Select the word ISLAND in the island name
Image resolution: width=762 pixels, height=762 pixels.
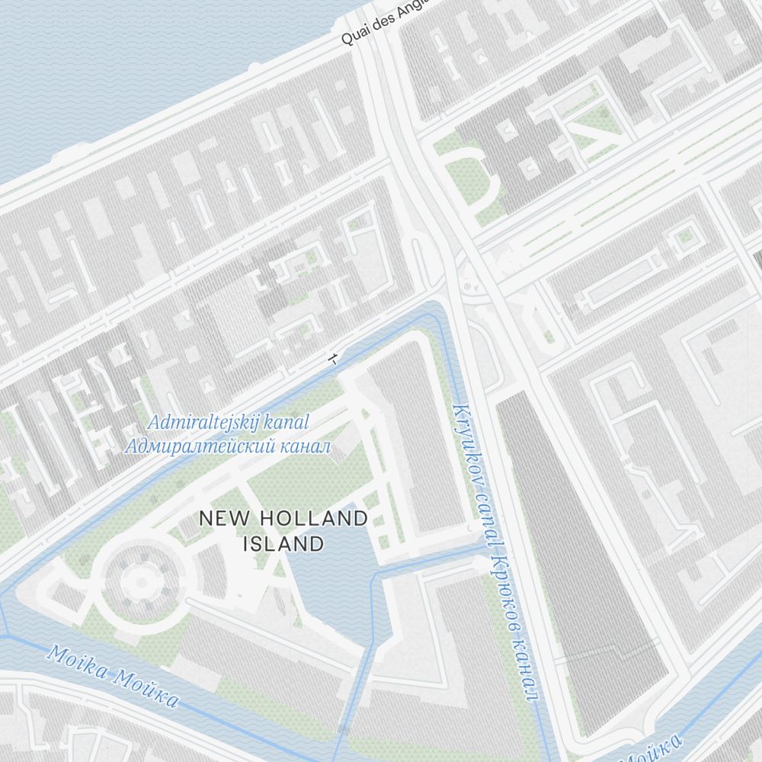click(x=283, y=544)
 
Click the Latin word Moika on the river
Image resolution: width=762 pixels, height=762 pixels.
click(x=74, y=661)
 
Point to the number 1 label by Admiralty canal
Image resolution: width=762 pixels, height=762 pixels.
click(x=331, y=358)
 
